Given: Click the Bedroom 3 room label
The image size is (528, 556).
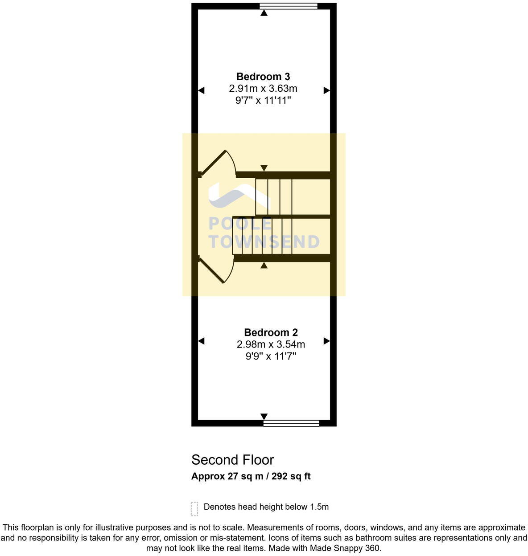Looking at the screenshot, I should tap(263, 77).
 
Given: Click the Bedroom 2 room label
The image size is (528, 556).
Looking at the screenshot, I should tap(271, 332).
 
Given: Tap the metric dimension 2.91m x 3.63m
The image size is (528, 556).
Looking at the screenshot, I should tap(263, 89).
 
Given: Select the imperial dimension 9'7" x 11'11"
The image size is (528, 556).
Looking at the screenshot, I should tap(263, 101).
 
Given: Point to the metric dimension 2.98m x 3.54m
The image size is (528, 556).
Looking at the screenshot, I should tap(271, 344).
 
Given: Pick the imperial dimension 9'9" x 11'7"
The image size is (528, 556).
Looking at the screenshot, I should tap(271, 356).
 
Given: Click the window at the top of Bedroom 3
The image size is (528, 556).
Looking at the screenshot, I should tap(289, 6).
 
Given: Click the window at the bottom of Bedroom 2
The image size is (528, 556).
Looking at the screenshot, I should tap(291, 423).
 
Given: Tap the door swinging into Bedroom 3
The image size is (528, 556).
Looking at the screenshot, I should tap(218, 164).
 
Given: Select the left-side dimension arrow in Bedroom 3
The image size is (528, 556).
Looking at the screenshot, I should tap(201, 90).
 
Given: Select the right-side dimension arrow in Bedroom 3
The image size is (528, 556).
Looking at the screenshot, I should tap(326, 90).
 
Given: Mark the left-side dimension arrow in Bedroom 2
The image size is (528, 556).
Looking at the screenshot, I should tap(201, 341).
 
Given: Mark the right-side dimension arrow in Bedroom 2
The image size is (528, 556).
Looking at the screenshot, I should tap(326, 341).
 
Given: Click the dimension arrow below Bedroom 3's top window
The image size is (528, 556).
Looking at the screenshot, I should tap(264, 13).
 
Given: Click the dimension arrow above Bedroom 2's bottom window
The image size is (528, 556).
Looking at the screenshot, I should tap(264, 416).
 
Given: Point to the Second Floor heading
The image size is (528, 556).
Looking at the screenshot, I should tap(232, 460).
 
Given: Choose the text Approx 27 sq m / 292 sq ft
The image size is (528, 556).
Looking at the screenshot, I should tap(251, 476).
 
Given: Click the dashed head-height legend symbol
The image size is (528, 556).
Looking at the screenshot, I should tap(194, 508).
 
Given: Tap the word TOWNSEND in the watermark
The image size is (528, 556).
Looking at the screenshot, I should tap(264, 242).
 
